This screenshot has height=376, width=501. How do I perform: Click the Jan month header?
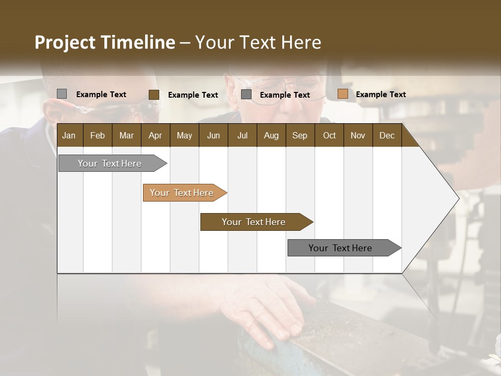tap(69, 135)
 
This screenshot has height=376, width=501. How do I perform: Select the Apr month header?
tap(155, 135)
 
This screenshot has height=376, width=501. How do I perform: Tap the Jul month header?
tap(242, 135)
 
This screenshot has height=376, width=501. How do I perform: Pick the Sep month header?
tap(300, 135)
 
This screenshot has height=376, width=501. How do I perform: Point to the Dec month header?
tap(387, 135)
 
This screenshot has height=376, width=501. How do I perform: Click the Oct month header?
tap(329, 135)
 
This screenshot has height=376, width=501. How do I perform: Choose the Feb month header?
tap(98, 135)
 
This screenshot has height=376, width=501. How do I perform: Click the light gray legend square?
tap(62, 94)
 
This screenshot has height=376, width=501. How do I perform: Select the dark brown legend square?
tap(154, 95)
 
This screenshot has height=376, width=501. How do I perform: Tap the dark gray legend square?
tap(246, 95)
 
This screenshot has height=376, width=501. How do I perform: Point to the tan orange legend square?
tap(342, 94)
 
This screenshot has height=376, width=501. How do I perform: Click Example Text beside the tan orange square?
tap(380, 95)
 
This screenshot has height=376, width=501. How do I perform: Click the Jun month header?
tap(213, 135)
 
